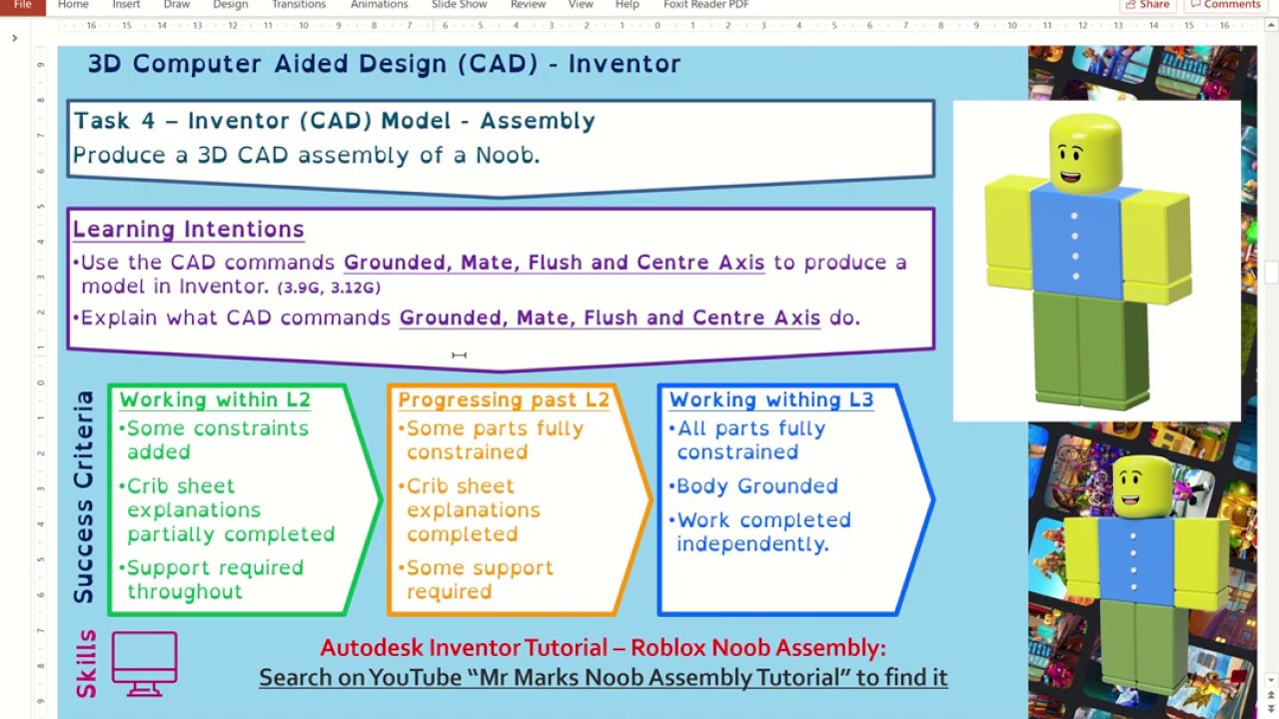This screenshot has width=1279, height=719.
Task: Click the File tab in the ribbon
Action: point(22,5)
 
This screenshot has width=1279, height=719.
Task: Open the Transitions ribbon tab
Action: point(298,5)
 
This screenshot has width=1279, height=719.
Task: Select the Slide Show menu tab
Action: point(459,5)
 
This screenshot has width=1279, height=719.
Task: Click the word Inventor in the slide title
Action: point(625,64)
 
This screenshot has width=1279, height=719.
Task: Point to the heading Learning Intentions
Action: point(188,230)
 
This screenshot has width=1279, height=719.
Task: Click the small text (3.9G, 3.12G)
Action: point(329,288)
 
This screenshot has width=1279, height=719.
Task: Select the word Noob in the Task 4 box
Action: point(507,156)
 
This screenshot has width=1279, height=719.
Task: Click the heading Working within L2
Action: point(215,400)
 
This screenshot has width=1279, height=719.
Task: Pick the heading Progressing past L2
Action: point(503,400)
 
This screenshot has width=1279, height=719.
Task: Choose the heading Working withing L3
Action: point(770,400)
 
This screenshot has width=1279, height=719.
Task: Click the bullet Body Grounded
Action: point(756,486)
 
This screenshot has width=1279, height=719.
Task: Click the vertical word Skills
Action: point(86,663)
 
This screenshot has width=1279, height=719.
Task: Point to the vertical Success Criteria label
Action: point(84,496)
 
